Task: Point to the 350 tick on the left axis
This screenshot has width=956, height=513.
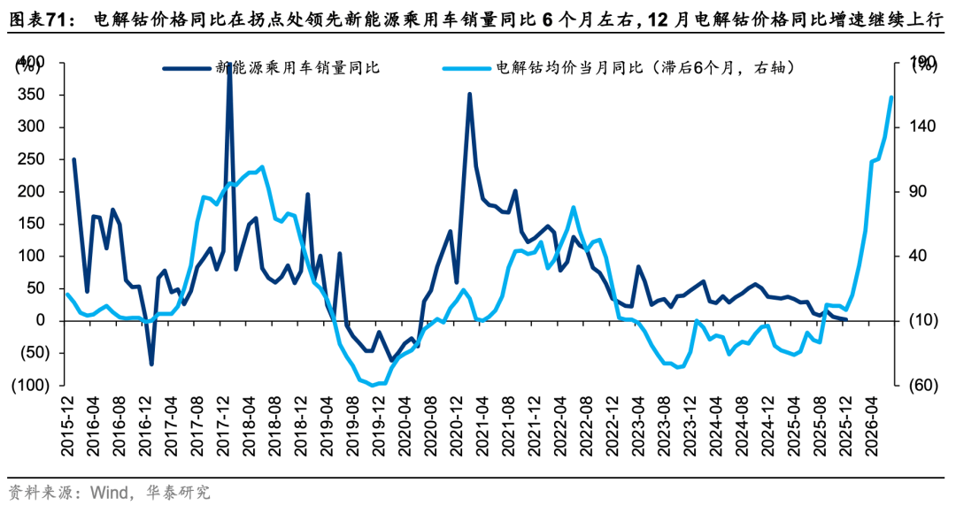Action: coord(31,95)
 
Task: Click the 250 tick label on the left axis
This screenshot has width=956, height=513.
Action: coord(31,159)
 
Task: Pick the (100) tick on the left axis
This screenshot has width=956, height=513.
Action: coord(28,386)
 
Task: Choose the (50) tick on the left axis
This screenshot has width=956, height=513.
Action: coord(31,353)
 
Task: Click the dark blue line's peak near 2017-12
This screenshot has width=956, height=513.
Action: coord(229,65)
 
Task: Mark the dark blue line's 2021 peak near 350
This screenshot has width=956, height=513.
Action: coord(469,94)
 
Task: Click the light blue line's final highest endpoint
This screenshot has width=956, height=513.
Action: coord(890,97)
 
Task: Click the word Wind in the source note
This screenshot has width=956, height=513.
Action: coord(104,492)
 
